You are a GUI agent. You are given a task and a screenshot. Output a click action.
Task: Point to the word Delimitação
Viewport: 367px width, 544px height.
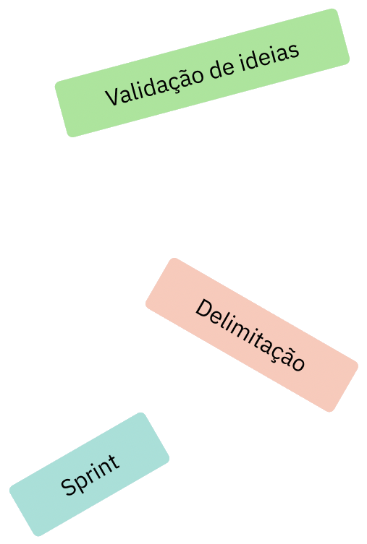point(250,335)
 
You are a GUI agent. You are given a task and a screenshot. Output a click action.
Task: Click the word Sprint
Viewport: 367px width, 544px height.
point(90,475)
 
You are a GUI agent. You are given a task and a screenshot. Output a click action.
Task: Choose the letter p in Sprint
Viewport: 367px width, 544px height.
point(82,480)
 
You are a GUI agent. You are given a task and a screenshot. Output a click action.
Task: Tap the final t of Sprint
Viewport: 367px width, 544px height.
point(114,462)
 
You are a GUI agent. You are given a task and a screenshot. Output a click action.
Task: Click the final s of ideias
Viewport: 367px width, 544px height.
point(294,51)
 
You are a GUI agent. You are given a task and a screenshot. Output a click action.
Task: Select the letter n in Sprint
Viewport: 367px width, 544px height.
point(103,468)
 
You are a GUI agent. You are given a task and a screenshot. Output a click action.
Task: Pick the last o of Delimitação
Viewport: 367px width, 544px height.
point(298,364)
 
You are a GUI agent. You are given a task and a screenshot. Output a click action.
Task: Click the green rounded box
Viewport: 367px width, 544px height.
point(202,73)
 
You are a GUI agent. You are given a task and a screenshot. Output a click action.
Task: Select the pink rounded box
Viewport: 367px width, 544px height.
point(252,335)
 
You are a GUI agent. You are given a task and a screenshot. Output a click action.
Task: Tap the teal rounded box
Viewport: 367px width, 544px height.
point(89,474)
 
